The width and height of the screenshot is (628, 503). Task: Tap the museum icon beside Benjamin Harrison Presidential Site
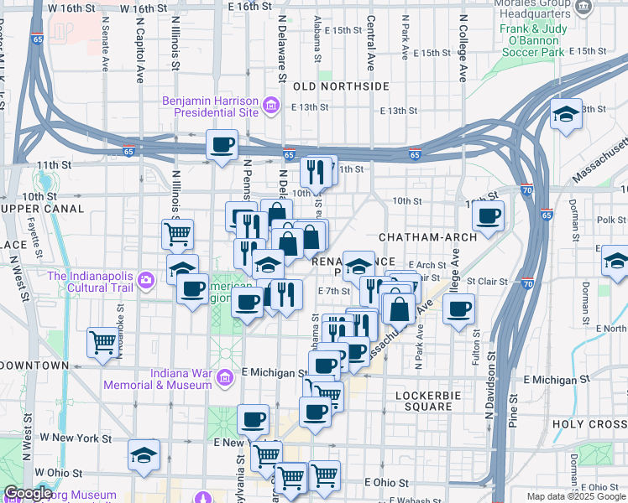click(x=271, y=106)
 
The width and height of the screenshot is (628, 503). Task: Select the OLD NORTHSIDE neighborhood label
click(x=341, y=86)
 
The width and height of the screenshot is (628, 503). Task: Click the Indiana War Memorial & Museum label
click(x=157, y=379)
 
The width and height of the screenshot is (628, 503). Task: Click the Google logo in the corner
click(x=28, y=494)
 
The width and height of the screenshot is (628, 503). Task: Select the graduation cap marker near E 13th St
click(x=566, y=114)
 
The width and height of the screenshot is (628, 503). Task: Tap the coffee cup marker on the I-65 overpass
click(x=222, y=144)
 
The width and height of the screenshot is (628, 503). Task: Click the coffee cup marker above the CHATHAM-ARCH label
click(x=487, y=215)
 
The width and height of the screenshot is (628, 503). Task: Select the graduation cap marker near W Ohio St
click(x=144, y=455)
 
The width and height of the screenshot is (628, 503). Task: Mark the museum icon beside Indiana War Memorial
click(x=224, y=378)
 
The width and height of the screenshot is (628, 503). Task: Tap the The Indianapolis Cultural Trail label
click(x=92, y=277)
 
